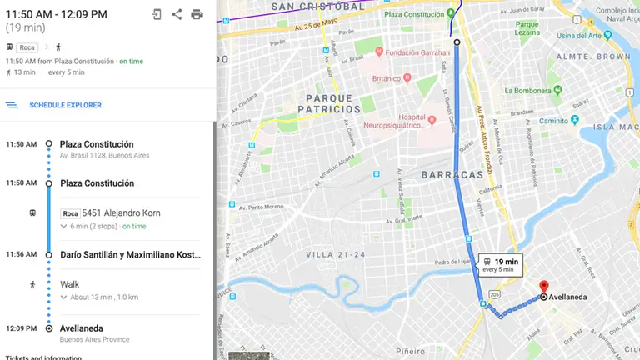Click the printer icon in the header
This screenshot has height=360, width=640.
pyautogui.click(x=197, y=14)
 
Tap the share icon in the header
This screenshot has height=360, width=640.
pyautogui.click(x=177, y=14)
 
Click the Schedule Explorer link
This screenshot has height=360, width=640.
pyautogui.click(x=65, y=105)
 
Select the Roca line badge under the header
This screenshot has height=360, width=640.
pyautogui.click(x=27, y=47)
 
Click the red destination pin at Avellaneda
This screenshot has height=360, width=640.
pyautogui.click(x=544, y=287)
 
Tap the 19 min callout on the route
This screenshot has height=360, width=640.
pyautogui.click(x=500, y=264)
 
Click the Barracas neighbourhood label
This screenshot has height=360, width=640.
pyautogui.click(x=452, y=175)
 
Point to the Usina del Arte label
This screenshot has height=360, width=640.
pyautogui.click(x=583, y=36)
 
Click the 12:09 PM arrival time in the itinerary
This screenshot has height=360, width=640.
pyautogui.click(x=21, y=327)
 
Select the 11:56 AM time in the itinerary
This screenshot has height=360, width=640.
pyautogui.click(x=21, y=254)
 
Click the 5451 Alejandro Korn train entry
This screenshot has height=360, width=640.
pyautogui.click(x=121, y=213)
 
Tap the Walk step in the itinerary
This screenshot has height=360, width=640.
pyautogui.click(x=70, y=284)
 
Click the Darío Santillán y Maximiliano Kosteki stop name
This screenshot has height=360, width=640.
pyautogui.click(x=129, y=254)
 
